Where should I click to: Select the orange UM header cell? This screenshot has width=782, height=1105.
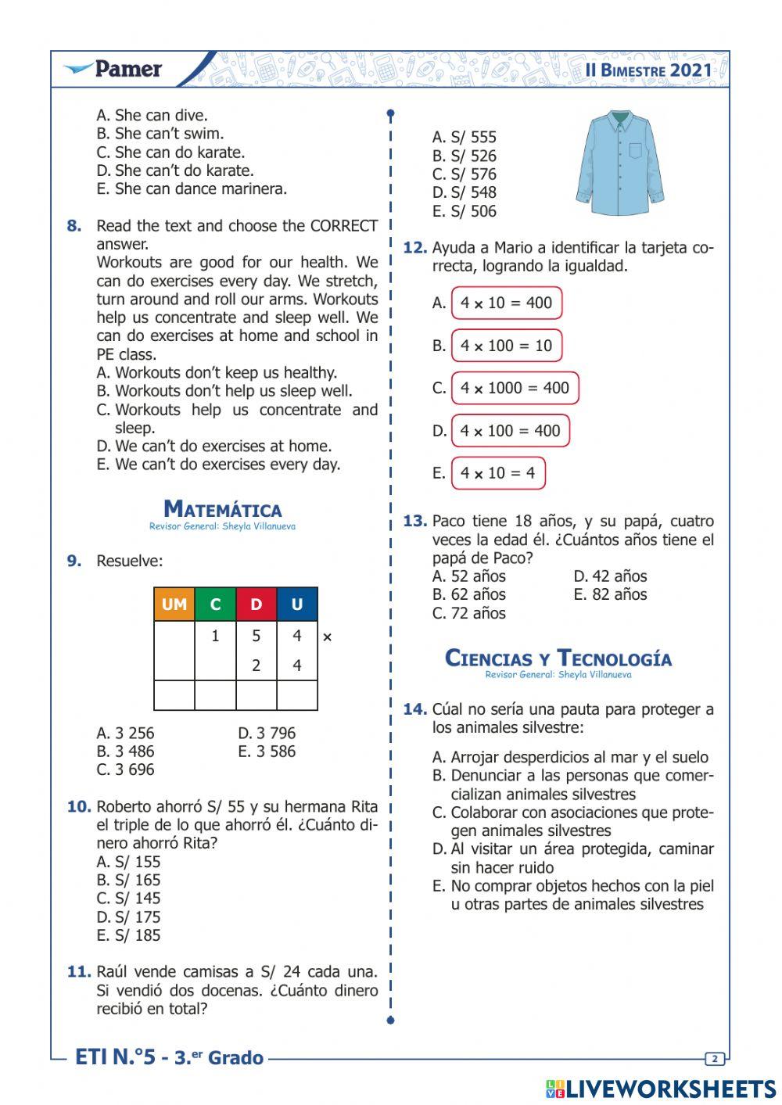click(x=174, y=605)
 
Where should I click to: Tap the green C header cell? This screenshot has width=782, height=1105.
click(x=216, y=605)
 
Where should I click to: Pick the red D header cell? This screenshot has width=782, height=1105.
click(x=256, y=605)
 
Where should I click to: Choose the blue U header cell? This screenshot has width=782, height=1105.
click(x=297, y=605)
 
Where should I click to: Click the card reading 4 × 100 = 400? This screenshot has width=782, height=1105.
click(x=510, y=431)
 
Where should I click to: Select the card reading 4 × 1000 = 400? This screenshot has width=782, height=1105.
click(x=515, y=388)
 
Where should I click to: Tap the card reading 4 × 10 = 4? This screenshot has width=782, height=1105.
click(x=498, y=473)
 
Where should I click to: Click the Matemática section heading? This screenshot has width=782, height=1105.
click(x=223, y=510)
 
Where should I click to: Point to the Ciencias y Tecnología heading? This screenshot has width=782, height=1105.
click(x=558, y=658)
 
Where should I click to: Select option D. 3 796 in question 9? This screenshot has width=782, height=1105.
click(x=267, y=734)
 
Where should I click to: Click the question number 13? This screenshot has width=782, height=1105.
click(x=414, y=522)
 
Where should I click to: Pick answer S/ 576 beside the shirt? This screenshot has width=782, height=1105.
click(x=465, y=174)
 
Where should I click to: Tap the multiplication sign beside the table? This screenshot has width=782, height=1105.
click(x=327, y=637)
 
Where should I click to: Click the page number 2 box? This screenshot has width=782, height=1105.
click(x=715, y=1059)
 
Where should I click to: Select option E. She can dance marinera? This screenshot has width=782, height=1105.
click(x=192, y=189)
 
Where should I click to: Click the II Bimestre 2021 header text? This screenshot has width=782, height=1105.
click(x=648, y=70)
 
